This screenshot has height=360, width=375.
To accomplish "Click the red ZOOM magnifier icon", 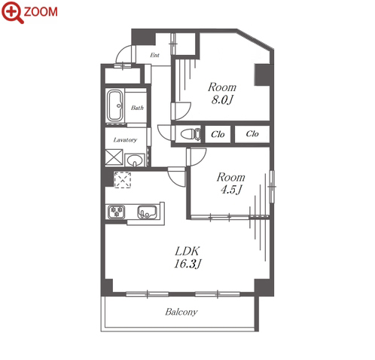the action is click(12, 12).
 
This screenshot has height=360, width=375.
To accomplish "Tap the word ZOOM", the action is click(41, 12).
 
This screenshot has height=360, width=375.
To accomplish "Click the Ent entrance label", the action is click(154, 55).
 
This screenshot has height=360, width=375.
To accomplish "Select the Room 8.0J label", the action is click(222, 93).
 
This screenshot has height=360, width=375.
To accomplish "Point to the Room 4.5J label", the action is click(230, 183).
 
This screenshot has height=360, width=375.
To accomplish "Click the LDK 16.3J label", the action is click(187, 258).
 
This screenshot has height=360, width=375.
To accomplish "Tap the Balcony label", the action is click(181, 312).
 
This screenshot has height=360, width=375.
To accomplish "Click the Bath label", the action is click(137, 108).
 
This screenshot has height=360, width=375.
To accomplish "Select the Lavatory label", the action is click(125, 140).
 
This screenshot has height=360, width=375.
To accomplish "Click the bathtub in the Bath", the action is click(115, 105).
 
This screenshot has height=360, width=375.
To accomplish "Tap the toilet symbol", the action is click(191, 134).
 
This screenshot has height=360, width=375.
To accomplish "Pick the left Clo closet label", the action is click(218, 134).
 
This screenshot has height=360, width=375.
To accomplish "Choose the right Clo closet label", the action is click(252, 133).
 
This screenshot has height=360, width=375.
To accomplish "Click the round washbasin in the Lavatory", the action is click(135, 160).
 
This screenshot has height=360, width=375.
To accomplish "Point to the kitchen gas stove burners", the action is click(117, 212).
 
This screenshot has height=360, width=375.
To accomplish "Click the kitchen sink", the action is click(147, 212).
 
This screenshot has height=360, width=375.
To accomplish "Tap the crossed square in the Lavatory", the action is click(114, 157).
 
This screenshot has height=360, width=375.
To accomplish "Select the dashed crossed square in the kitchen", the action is click(123, 180).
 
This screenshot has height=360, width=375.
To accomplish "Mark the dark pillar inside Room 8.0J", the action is click(263, 75).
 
